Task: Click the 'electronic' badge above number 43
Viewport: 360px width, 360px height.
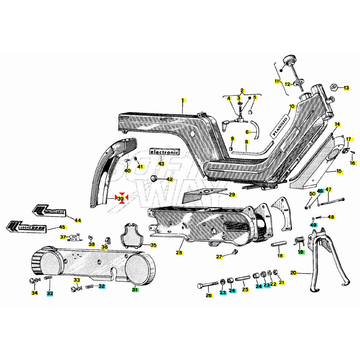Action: click(x=164, y=152)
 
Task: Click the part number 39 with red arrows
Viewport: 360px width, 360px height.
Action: click(x=121, y=198)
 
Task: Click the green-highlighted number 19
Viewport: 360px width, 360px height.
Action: click(x=300, y=252)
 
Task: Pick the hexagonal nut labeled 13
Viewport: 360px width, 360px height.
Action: click(x=333, y=87)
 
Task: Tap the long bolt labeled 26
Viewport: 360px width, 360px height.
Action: click(x=208, y=285)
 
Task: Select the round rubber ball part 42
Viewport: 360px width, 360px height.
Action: click(x=154, y=178)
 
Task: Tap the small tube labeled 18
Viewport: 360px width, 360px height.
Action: click(x=279, y=245)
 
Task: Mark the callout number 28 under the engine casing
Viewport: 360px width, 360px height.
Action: click(x=179, y=253)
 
